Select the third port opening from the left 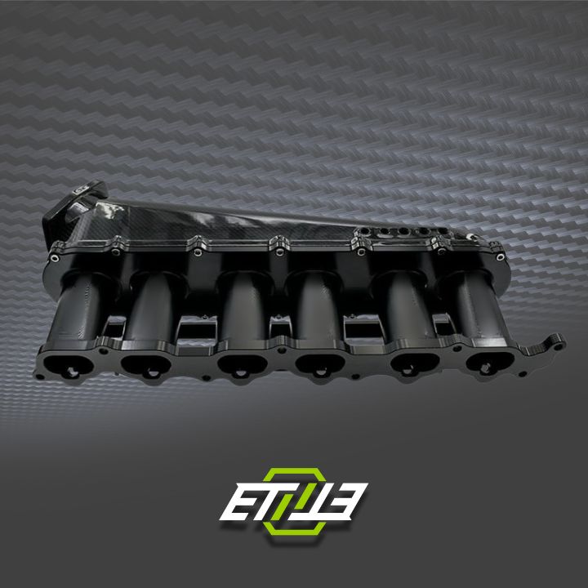238,362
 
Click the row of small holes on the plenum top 392,232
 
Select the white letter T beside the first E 265,500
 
